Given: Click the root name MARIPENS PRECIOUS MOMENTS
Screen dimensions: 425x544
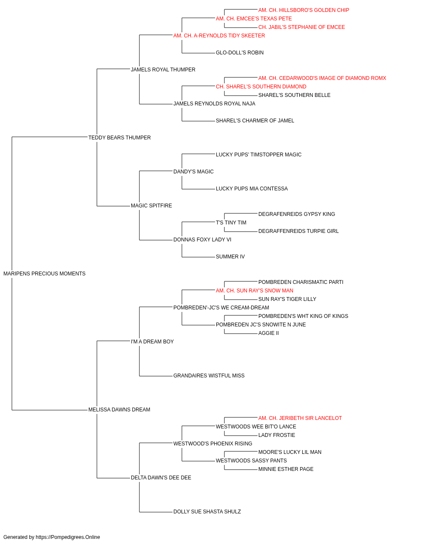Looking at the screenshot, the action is pyautogui.click(x=44, y=274).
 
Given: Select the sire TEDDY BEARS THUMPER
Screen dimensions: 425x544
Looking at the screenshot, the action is pyautogui.click(x=119, y=138).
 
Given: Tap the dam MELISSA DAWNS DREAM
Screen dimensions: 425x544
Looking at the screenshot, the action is pyautogui.click(x=119, y=410).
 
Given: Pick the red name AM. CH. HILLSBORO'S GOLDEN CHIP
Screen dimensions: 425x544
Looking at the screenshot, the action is pyautogui.click(x=303, y=10).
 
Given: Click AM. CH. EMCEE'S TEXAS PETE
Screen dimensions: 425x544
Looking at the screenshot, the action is pyautogui.click(x=254, y=19).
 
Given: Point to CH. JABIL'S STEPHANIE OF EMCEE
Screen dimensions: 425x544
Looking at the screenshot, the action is pyautogui.click(x=301, y=27).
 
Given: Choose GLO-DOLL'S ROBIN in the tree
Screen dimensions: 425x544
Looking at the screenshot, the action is pyautogui.click(x=240, y=53).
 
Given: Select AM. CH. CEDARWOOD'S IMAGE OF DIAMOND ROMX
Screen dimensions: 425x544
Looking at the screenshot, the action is pyautogui.click(x=322, y=78).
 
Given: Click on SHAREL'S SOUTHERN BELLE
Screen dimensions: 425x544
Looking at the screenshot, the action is pyautogui.click(x=294, y=95).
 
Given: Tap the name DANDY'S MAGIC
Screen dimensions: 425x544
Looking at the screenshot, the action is pyautogui.click(x=193, y=172).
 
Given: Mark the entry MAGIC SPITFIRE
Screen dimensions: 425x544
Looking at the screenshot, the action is pyautogui.click(x=151, y=206).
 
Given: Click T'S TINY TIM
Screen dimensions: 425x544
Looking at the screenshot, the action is pyautogui.click(x=231, y=223).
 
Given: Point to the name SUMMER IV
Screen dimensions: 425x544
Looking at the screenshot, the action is pyautogui.click(x=230, y=257).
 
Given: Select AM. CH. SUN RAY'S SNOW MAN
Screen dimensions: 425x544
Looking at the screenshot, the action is pyautogui.click(x=254, y=291).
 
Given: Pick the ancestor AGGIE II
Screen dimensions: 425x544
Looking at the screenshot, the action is pyautogui.click(x=268, y=333).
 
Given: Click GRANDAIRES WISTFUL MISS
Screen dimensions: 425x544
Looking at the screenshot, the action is pyautogui.click(x=209, y=376).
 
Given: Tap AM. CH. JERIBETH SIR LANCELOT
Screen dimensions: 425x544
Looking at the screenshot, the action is pyautogui.click(x=300, y=418).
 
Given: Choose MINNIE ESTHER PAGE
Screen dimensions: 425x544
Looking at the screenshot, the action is pyautogui.click(x=286, y=469).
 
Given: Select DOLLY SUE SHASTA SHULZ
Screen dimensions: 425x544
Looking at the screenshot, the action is pyautogui.click(x=207, y=512).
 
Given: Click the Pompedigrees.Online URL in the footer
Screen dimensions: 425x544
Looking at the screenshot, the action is pyautogui.click(x=68, y=537).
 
